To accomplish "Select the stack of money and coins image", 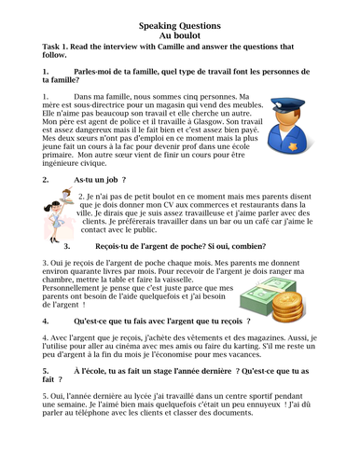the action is coord(268,299).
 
